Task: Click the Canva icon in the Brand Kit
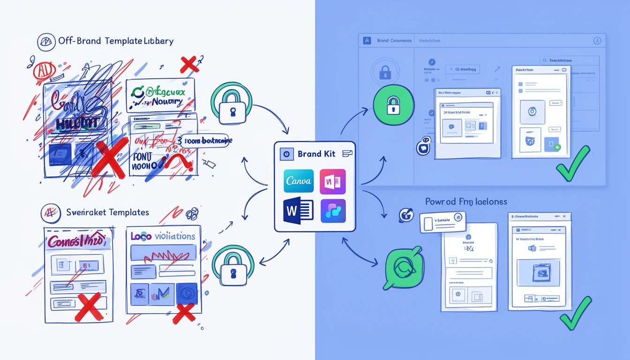click(299, 181)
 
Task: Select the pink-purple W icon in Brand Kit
click(332, 181)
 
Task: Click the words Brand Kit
click(316, 154)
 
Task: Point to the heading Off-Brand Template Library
click(116, 41)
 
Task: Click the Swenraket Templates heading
click(108, 212)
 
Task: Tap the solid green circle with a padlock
click(394, 105)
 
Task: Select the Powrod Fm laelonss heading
click(466, 202)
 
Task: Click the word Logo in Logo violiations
click(141, 236)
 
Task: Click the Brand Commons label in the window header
click(394, 41)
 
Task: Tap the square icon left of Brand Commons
click(367, 41)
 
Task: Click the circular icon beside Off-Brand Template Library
click(46, 42)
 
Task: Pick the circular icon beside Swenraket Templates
click(50, 212)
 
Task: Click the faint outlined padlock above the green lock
click(385, 72)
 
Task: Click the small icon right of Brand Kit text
click(347, 153)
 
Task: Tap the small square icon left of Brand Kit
click(285, 154)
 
